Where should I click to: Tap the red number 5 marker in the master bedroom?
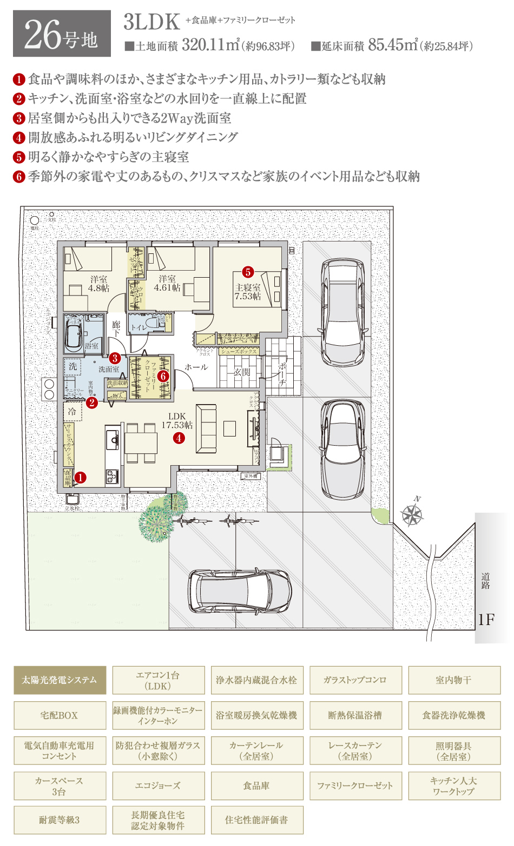(248, 272)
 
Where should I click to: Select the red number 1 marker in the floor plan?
(81, 477)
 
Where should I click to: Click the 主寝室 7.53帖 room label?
(248, 292)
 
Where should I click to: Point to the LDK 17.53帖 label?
(177, 420)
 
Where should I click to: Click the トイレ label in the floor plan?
(139, 327)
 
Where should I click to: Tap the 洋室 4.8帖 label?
(99, 284)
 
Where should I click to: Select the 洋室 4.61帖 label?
(167, 283)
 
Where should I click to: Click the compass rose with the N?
(412, 514)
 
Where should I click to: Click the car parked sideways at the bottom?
(240, 591)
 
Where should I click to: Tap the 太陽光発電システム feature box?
(60, 680)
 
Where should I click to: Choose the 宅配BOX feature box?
(60, 715)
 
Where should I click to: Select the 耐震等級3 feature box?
(60, 820)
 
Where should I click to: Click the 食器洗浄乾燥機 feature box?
(454, 715)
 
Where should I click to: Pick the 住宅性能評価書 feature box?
(256, 820)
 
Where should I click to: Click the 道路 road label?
(485, 581)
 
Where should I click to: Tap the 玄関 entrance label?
(241, 372)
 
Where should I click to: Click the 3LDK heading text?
(151, 22)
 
